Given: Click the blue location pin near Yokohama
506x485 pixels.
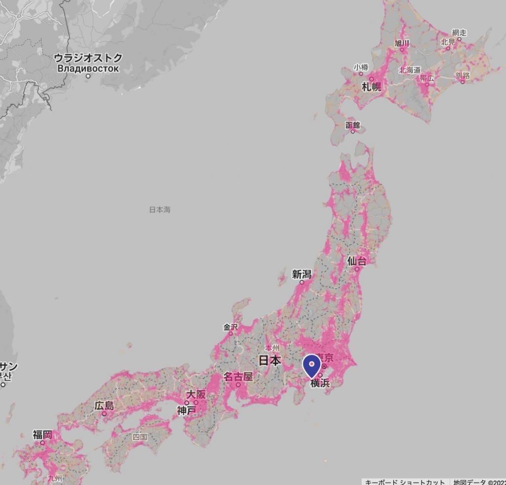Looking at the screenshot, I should click(311, 366).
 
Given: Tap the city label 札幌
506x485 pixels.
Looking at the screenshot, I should click(372, 88).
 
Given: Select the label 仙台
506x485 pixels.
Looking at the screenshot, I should click(357, 261).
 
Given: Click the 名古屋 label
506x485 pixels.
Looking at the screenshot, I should click(238, 377).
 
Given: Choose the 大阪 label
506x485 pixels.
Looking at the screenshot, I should click(196, 395).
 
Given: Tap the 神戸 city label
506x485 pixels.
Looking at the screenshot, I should click(187, 410).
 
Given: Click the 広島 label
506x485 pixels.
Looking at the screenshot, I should click(104, 406).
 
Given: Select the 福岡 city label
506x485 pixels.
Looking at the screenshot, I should click(42, 435).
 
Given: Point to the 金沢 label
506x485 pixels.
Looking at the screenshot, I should click(231, 327).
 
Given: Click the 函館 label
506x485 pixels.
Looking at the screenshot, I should click(353, 125).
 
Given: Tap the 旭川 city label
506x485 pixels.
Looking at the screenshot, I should click(402, 43).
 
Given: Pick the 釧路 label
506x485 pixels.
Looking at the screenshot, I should click(463, 75).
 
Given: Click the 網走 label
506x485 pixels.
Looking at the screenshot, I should click(459, 32).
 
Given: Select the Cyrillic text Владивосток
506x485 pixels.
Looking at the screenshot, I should click(88, 68).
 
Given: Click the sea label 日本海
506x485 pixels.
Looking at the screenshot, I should click(160, 210).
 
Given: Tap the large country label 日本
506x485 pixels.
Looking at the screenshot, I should click(270, 361).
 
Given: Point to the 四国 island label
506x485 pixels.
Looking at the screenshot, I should click(140, 437).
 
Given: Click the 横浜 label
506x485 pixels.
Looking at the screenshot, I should click(320, 383).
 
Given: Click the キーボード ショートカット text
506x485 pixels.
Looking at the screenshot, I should click(405, 482).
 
